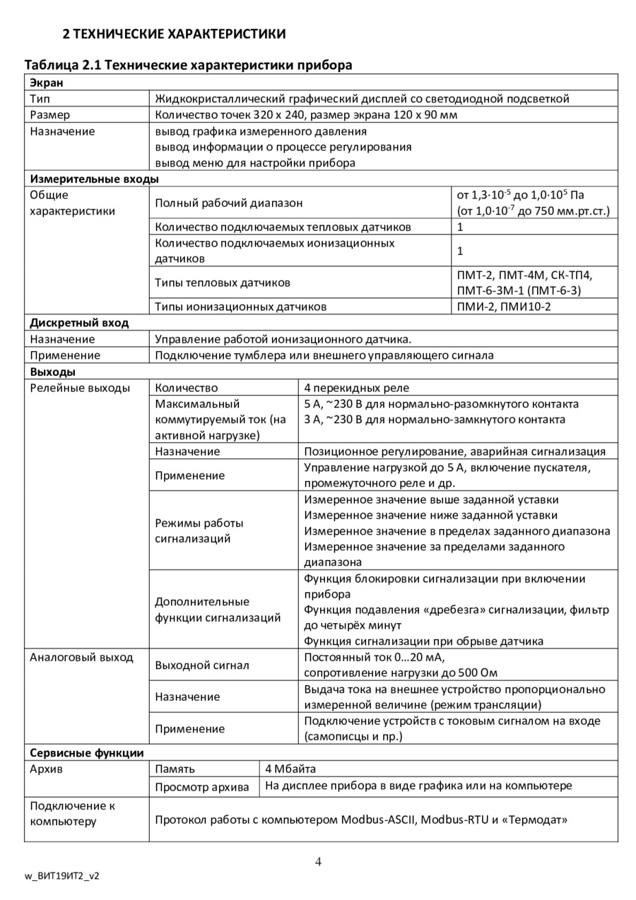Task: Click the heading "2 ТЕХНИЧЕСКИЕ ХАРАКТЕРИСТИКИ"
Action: click(175, 33)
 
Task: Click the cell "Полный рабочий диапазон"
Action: click(228, 203)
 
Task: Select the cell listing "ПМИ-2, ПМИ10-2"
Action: click(504, 307)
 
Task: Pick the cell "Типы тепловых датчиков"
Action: click(222, 283)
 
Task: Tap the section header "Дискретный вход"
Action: click(79, 323)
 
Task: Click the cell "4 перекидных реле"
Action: click(356, 388)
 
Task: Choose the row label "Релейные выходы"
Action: click(80, 388)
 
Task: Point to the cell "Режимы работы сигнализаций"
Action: click(199, 531)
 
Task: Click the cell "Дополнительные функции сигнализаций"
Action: click(218, 610)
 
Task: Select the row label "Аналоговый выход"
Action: click(81, 657)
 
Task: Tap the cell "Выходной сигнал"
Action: click(202, 665)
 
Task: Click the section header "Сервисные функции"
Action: click(86, 753)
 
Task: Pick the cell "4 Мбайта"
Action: click(290, 769)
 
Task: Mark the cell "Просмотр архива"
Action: click(202, 786)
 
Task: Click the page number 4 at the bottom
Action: click(318, 861)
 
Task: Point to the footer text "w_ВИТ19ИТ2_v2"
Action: click(62, 875)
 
